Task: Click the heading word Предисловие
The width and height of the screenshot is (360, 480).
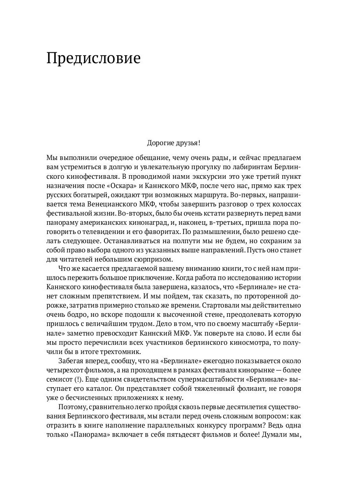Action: [94, 59]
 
